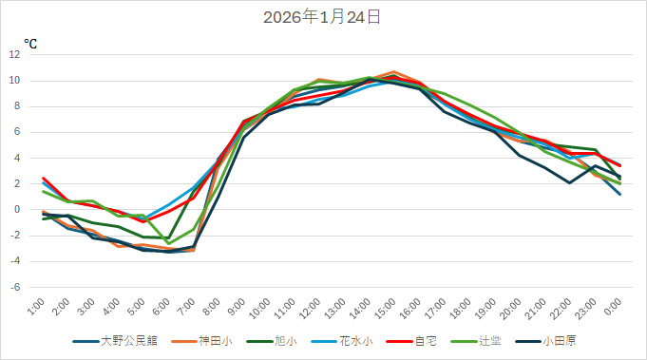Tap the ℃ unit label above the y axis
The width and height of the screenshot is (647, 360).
pos(30,43)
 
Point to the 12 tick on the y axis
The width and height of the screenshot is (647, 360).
pos(14,54)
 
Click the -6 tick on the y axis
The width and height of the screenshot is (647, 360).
pos(14,287)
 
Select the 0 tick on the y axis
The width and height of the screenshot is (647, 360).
pos(16,209)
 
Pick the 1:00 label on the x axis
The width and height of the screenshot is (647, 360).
pos(36,307)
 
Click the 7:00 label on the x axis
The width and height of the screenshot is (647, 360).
pos(187,307)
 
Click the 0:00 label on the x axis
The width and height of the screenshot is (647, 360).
pos(614,307)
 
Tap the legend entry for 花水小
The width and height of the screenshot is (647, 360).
pos(344,341)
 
